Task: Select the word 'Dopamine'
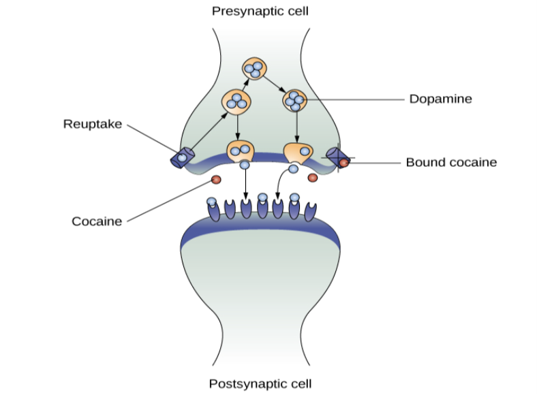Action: (440, 99)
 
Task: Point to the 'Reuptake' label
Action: (93, 124)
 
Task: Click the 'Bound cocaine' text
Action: (451, 162)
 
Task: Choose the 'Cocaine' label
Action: (97, 221)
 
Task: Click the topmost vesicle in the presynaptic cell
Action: (254, 69)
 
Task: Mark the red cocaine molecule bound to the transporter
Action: (344, 163)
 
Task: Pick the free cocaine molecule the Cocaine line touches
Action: (216, 179)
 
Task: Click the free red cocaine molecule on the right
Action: (313, 178)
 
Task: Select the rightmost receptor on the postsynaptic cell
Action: (311, 210)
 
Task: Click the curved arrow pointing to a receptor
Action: (281, 184)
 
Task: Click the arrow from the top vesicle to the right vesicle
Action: (274, 84)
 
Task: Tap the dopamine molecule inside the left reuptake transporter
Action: (182, 158)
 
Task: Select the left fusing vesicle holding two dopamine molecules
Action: (240, 151)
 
